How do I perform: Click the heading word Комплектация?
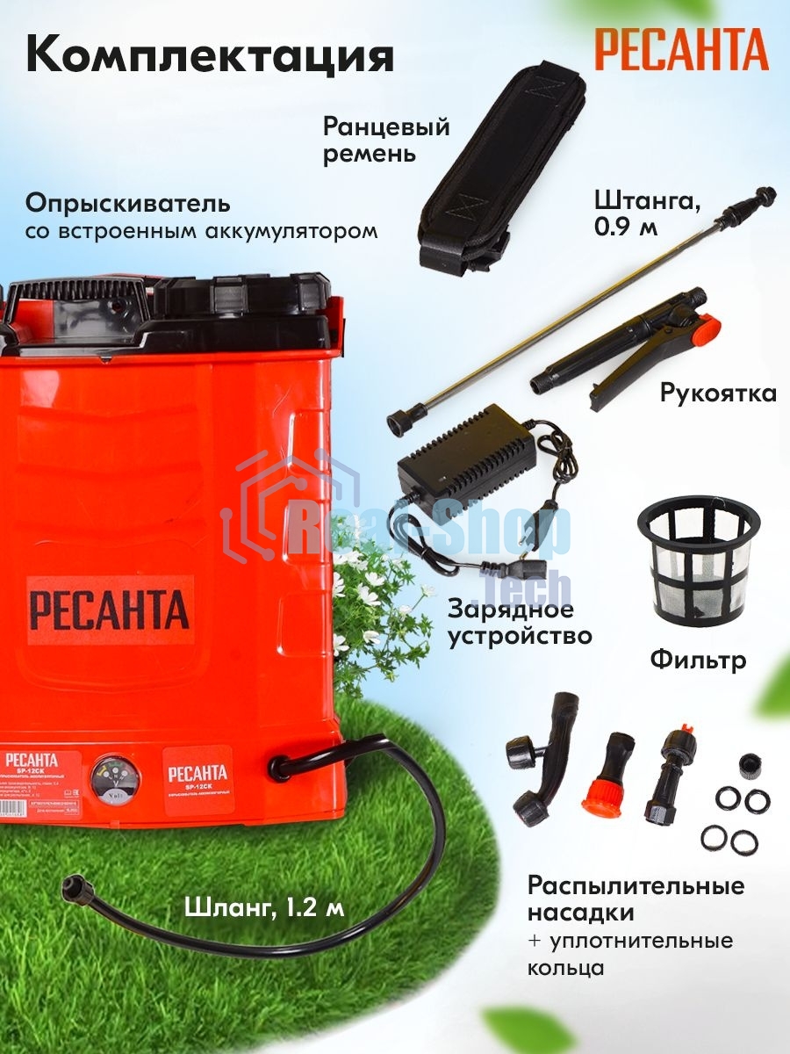pyautogui.click(x=210, y=54)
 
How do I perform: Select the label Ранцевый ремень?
pyautogui.click(x=386, y=141)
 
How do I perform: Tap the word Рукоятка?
pyautogui.click(x=718, y=393)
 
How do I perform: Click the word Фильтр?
pyautogui.click(x=698, y=659)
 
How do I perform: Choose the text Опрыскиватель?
pyautogui.click(x=128, y=204)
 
